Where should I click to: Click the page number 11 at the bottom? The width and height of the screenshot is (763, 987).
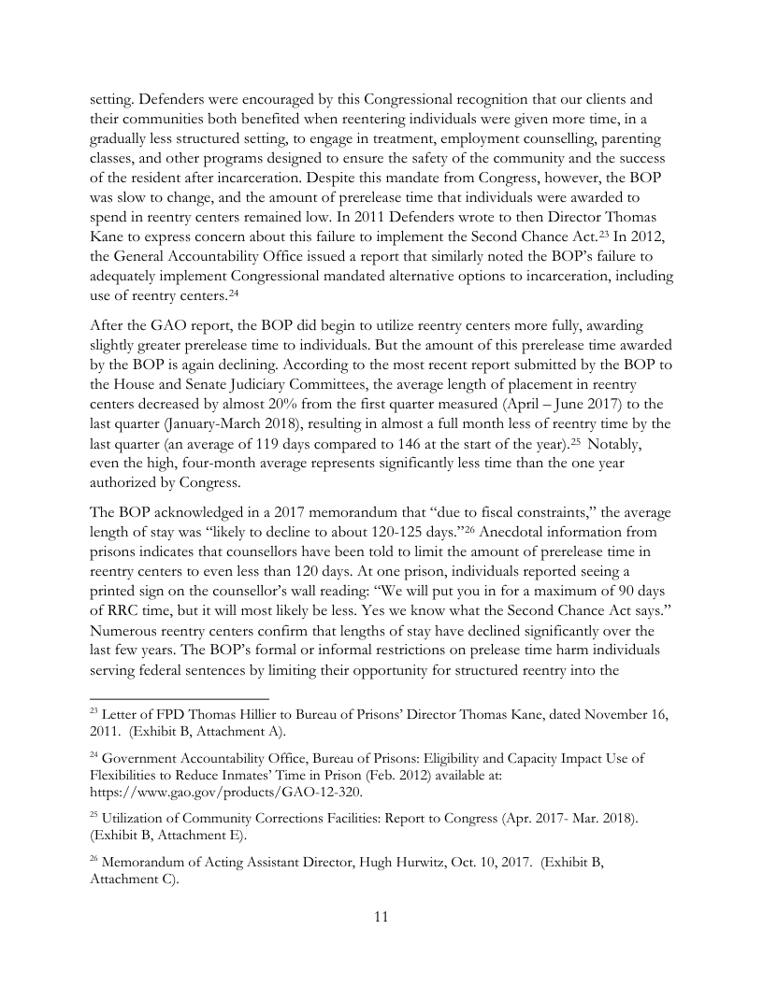click(x=381, y=916)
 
